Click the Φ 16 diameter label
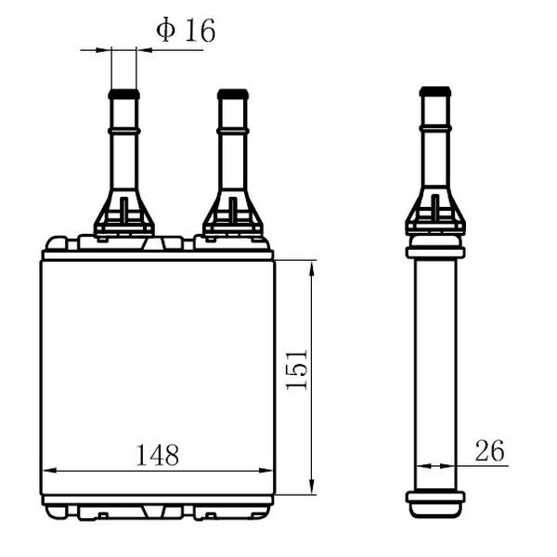point(186,31)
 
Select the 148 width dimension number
point(158,455)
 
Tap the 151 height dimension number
point(297,370)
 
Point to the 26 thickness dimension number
point(489,450)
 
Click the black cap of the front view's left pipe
point(124,94)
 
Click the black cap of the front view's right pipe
point(233,94)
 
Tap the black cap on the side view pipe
point(435,92)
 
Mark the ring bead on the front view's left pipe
point(124,131)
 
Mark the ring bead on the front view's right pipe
point(233,131)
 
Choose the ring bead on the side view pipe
point(435,128)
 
